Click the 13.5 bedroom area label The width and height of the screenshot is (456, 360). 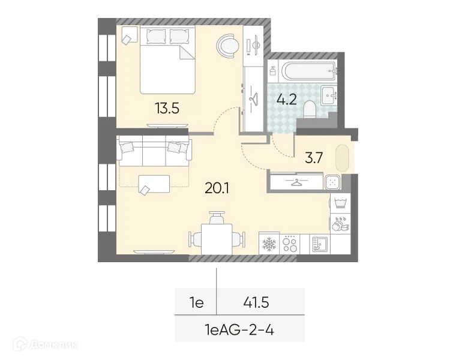pos(167,108)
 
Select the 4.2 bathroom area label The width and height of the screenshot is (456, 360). pos(286,99)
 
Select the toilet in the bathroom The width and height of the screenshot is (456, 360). pos(310,109)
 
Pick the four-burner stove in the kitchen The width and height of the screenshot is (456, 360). pos(291,244)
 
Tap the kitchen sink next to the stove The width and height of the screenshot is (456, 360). pos(319,244)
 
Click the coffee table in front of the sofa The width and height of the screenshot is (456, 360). pos(153,184)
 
